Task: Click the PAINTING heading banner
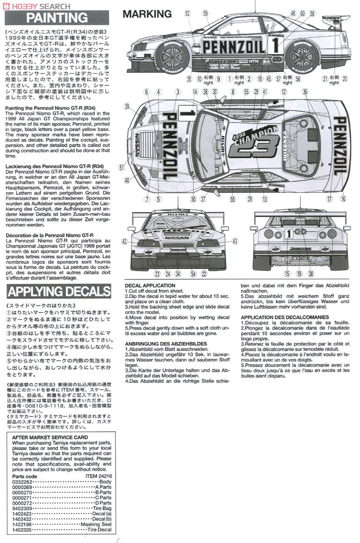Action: click(x=57, y=18)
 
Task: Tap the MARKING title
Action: click(x=147, y=14)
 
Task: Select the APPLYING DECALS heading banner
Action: click(x=59, y=290)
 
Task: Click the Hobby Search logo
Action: click(x=36, y=5)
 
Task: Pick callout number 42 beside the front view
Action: click(x=125, y=241)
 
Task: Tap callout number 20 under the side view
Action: click(x=345, y=79)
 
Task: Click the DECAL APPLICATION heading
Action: click(x=149, y=286)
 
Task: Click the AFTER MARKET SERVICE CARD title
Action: click(x=50, y=438)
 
